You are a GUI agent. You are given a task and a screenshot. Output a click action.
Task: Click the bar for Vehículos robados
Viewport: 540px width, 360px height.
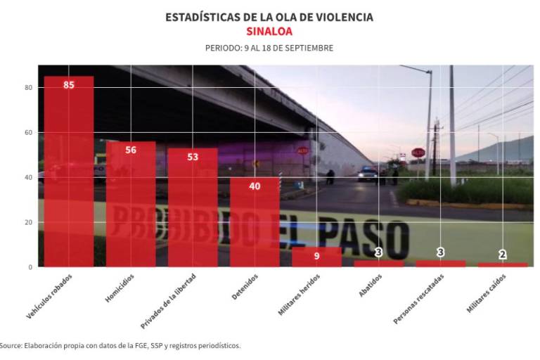coord(69,172)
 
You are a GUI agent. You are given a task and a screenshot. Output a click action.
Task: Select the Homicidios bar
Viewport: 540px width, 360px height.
coord(131,204)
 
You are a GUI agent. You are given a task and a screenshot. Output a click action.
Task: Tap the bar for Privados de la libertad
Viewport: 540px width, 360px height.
coord(193,207)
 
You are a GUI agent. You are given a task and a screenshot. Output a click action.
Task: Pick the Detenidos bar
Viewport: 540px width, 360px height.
coord(255,222)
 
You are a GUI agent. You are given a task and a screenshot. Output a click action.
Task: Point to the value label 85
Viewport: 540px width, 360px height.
coord(69,85)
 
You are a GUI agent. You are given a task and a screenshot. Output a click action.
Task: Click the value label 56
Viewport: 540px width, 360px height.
coord(131,150)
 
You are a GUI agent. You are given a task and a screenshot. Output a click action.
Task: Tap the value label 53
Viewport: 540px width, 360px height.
coord(193,157)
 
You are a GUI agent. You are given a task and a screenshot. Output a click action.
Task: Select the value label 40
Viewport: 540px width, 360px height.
coord(255,186)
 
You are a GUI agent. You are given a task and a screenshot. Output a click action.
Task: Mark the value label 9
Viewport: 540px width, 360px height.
coord(316,256)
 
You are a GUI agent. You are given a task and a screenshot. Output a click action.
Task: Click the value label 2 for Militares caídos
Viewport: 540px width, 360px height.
coord(502,255)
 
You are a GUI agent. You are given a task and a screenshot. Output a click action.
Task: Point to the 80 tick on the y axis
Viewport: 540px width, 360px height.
coord(30,88)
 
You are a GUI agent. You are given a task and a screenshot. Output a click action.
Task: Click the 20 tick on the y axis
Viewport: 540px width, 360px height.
coord(30,222)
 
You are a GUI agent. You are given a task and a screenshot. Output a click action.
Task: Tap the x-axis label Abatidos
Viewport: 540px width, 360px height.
coord(371,285)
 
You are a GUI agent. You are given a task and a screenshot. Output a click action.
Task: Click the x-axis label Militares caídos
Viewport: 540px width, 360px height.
coord(485,294)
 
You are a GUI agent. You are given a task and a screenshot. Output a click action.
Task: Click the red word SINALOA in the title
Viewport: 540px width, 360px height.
coord(269,32)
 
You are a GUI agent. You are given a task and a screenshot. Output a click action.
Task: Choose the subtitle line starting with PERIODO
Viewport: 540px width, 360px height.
coord(269,49)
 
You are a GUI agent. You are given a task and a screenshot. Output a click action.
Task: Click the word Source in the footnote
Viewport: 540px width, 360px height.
coord(11,345)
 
